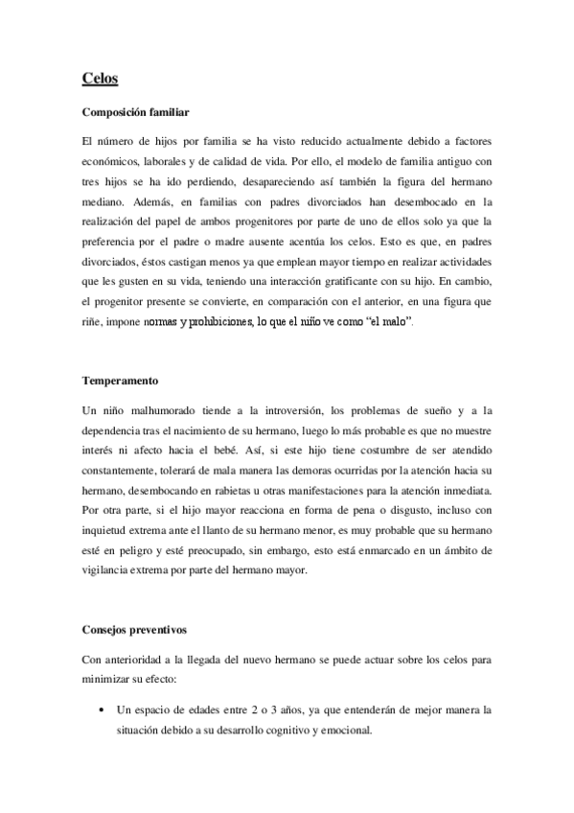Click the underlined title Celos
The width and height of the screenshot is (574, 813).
tap(99, 80)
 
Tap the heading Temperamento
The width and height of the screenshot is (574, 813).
tap(120, 381)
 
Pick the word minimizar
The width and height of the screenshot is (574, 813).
tap(110, 682)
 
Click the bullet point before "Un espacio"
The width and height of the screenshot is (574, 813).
tap(103, 710)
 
